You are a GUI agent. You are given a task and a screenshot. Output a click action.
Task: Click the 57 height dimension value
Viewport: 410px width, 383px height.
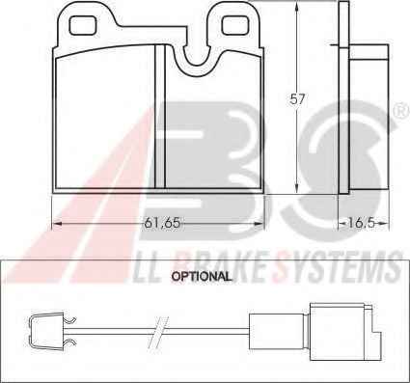(296, 98)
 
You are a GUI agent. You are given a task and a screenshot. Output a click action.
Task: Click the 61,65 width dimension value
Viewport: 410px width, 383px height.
(162, 223)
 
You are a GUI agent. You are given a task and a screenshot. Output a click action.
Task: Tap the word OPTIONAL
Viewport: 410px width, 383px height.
(202, 276)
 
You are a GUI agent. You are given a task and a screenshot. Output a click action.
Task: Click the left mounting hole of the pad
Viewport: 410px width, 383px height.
(83, 25)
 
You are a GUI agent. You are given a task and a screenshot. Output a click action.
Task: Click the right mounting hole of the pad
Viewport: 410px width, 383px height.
(235, 25)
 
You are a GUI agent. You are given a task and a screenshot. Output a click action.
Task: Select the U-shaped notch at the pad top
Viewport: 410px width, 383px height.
(197, 60)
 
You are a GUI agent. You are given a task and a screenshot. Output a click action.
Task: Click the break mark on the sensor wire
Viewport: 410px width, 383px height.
(158, 333)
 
